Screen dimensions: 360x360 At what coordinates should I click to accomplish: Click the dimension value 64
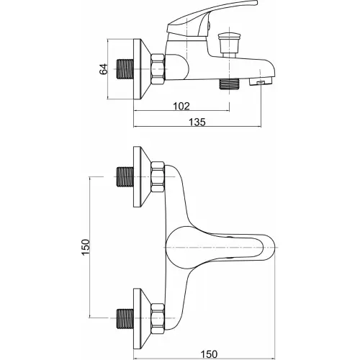click(x=104, y=69)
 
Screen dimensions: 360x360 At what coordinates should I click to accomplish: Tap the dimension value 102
click(x=181, y=106)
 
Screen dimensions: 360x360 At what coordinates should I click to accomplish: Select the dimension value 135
click(x=197, y=122)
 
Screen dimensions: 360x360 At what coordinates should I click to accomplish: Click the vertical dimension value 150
click(x=86, y=247)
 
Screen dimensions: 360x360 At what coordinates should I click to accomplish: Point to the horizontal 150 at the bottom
click(x=209, y=354)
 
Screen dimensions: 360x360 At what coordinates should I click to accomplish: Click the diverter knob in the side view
click(x=229, y=42)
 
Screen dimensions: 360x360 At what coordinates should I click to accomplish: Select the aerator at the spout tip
click(x=261, y=82)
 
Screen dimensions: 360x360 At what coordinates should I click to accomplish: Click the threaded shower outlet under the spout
click(x=230, y=84)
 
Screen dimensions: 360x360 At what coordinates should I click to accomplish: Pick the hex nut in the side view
click(x=158, y=69)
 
